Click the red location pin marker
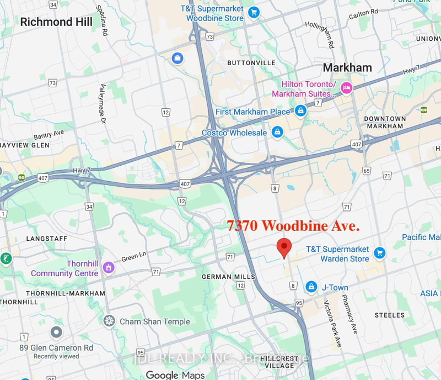click(284, 248)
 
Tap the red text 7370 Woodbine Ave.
click(293, 225)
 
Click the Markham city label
click(347, 67)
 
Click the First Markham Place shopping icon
click(300, 112)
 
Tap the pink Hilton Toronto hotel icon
click(347, 87)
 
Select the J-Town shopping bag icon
click(311, 286)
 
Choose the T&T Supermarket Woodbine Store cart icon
click(253, 12)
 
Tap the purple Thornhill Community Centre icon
click(109, 268)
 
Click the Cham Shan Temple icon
click(109, 321)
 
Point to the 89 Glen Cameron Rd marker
click(56, 332)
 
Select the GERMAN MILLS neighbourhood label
click(228, 277)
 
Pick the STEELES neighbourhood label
click(389, 315)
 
